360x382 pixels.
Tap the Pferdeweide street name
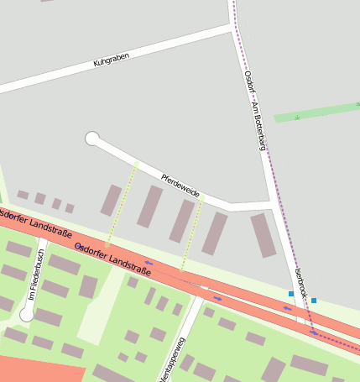[x=180, y=185]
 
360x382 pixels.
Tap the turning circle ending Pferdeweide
[x=92, y=139]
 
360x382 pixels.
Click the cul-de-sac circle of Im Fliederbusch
[x=27, y=314]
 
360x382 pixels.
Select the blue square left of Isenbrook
[x=291, y=294]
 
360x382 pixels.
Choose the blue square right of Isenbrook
[x=314, y=300]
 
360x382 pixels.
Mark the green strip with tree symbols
[x=317, y=113]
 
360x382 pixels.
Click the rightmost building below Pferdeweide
[x=263, y=235]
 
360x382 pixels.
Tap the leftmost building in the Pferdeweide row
[x=111, y=200]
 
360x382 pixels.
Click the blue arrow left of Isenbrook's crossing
[x=286, y=308]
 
